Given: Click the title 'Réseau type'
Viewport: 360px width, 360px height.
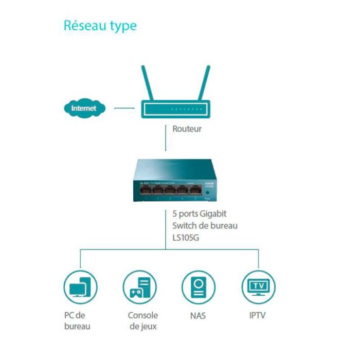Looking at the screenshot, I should pos(100,26).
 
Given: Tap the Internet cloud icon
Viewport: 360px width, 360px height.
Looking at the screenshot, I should pos(84,109).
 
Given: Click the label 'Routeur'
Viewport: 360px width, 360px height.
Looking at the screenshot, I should pos(187,129).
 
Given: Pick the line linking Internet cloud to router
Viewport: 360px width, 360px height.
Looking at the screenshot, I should pos(124,109).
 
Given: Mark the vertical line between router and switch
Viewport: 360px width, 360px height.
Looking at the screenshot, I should pos(166,138).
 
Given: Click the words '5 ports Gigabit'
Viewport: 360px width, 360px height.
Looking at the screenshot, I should pos(200,214).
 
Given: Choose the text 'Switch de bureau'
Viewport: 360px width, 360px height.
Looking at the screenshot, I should pos(205,225).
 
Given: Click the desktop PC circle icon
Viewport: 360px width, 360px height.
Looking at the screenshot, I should pos(80,287).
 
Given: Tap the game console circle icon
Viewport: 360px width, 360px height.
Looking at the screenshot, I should pos(139,287).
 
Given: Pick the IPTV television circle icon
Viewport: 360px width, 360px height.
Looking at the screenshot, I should pos(258,287).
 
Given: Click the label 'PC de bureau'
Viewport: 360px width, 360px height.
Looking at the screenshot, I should pos(77,320).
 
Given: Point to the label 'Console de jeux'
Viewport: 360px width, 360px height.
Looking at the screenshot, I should pos(143,320).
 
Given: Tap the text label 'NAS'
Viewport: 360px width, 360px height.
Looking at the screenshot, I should pos(198,315).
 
